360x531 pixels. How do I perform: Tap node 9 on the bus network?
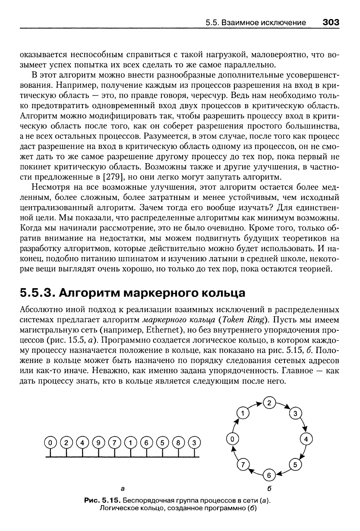[99, 442]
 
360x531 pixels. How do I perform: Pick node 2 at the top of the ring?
[269, 403]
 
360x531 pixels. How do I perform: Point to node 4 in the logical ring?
[306, 439]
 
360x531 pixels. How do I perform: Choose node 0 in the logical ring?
[232, 439]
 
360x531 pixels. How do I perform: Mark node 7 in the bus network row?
[115, 442]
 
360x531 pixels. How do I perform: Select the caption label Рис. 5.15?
[101, 500]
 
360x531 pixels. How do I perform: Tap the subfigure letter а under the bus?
[123, 489]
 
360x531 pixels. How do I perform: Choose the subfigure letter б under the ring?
[269, 489]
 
